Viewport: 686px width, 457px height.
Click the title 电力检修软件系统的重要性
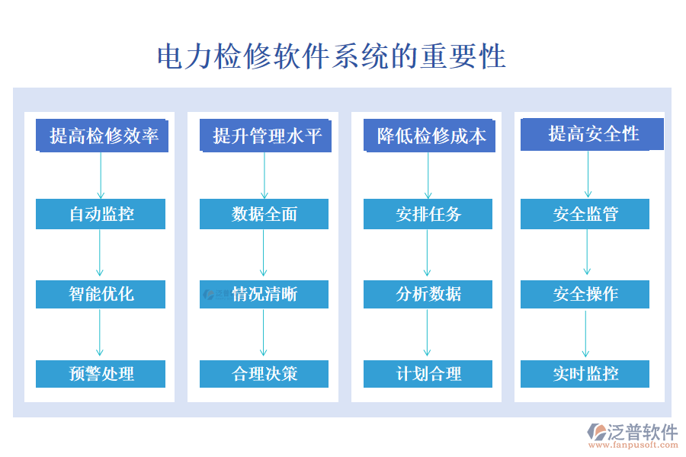(x=331, y=57)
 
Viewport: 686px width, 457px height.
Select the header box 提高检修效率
(x=102, y=136)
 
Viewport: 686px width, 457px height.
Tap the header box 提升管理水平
(x=266, y=136)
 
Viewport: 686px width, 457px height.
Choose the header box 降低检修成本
(x=430, y=136)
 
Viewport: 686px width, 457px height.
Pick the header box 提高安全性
(x=592, y=134)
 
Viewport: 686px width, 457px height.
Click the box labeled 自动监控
(x=101, y=214)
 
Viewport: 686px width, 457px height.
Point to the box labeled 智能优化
(x=101, y=294)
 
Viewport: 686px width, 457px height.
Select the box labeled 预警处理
(x=101, y=374)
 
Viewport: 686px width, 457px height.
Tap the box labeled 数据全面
(x=264, y=214)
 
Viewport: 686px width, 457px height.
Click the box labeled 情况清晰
(x=264, y=294)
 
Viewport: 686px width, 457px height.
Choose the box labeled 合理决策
(x=264, y=374)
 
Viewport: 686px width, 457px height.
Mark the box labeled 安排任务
(x=428, y=214)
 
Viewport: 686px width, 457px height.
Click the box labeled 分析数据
(x=428, y=294)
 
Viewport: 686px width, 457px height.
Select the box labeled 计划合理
(x=428, y=374)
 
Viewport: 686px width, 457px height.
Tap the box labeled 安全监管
(x=585, y=214)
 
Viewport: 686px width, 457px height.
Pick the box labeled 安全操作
(x=585, y=294)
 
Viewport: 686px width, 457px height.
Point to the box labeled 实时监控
(x=585, y=374)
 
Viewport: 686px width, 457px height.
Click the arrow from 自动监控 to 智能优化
(x=100, y=254)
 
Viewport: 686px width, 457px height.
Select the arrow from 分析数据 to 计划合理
(x=427, y=334)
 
